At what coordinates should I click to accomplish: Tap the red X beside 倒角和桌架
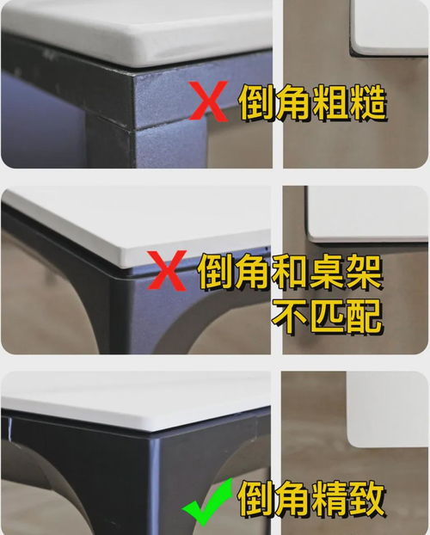click(173, 273)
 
